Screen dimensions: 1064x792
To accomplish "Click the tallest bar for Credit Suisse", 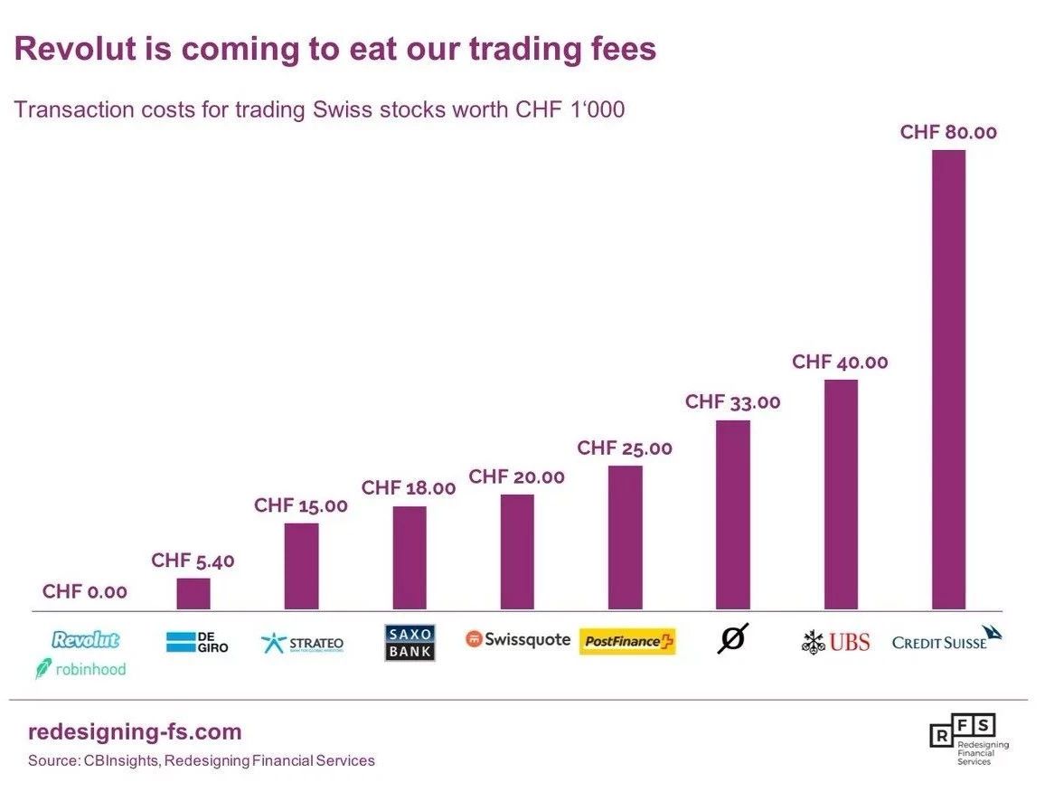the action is pos(948,380).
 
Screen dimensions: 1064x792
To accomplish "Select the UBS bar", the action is pos(841,494).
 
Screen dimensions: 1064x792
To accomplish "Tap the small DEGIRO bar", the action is pos(193,594).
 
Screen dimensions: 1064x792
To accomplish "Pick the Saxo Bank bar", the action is pos(410,558).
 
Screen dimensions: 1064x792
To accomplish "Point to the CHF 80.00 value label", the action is pos(948,132).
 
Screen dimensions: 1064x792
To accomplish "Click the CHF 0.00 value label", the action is pos(85,591).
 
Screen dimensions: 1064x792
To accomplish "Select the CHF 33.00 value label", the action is pos(733,401).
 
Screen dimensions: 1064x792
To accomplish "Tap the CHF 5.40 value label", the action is pos(193,560).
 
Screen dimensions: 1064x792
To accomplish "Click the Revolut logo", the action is pos(86,639).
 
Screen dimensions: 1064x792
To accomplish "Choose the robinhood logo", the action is pos(80,669).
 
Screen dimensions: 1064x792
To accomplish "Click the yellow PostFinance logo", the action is pos(627,641).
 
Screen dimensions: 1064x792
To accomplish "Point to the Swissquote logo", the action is pos(518,639).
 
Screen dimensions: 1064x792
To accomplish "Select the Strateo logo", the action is pos(302,643).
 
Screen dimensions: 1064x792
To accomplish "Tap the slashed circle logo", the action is pos(733,638).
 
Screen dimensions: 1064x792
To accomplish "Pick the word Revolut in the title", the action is pos(75,49).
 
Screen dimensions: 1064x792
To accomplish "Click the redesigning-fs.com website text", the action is pos(135,731).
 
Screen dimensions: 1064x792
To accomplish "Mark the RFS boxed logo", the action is pos(969,739).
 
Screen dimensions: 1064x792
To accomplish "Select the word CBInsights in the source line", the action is pos(121,760).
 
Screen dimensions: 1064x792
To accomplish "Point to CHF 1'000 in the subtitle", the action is pos(570,109).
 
